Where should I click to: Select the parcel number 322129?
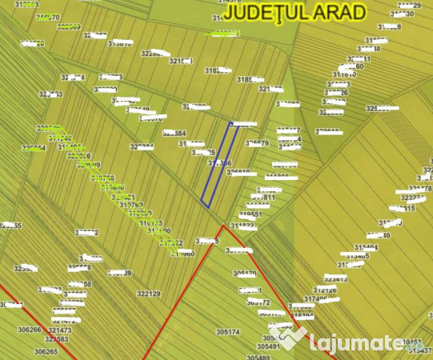point(148,294)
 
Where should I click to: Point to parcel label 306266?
point(29,330)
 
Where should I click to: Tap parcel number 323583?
point(57,340)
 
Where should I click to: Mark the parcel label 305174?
point(228,331)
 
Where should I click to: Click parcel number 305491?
point(268,347)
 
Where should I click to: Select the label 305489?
point(258,358)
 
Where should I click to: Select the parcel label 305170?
point(245,274)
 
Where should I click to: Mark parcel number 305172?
point(259,303)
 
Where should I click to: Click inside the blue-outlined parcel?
point(218,165)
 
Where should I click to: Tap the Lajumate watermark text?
point(355,343)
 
